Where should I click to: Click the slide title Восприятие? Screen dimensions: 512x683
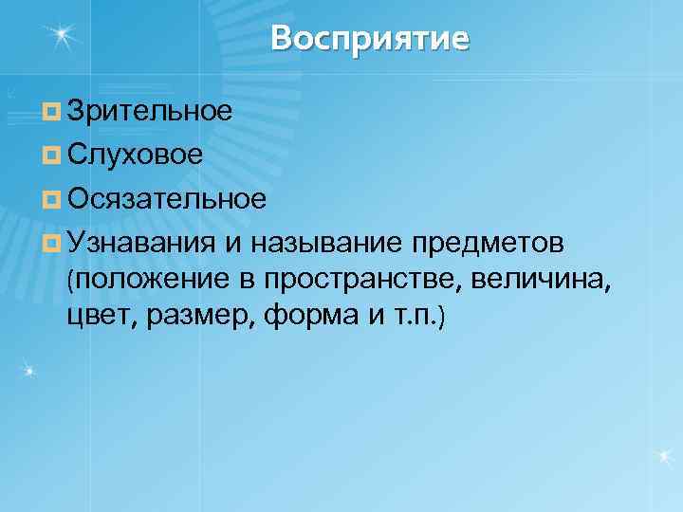[369, 39]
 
